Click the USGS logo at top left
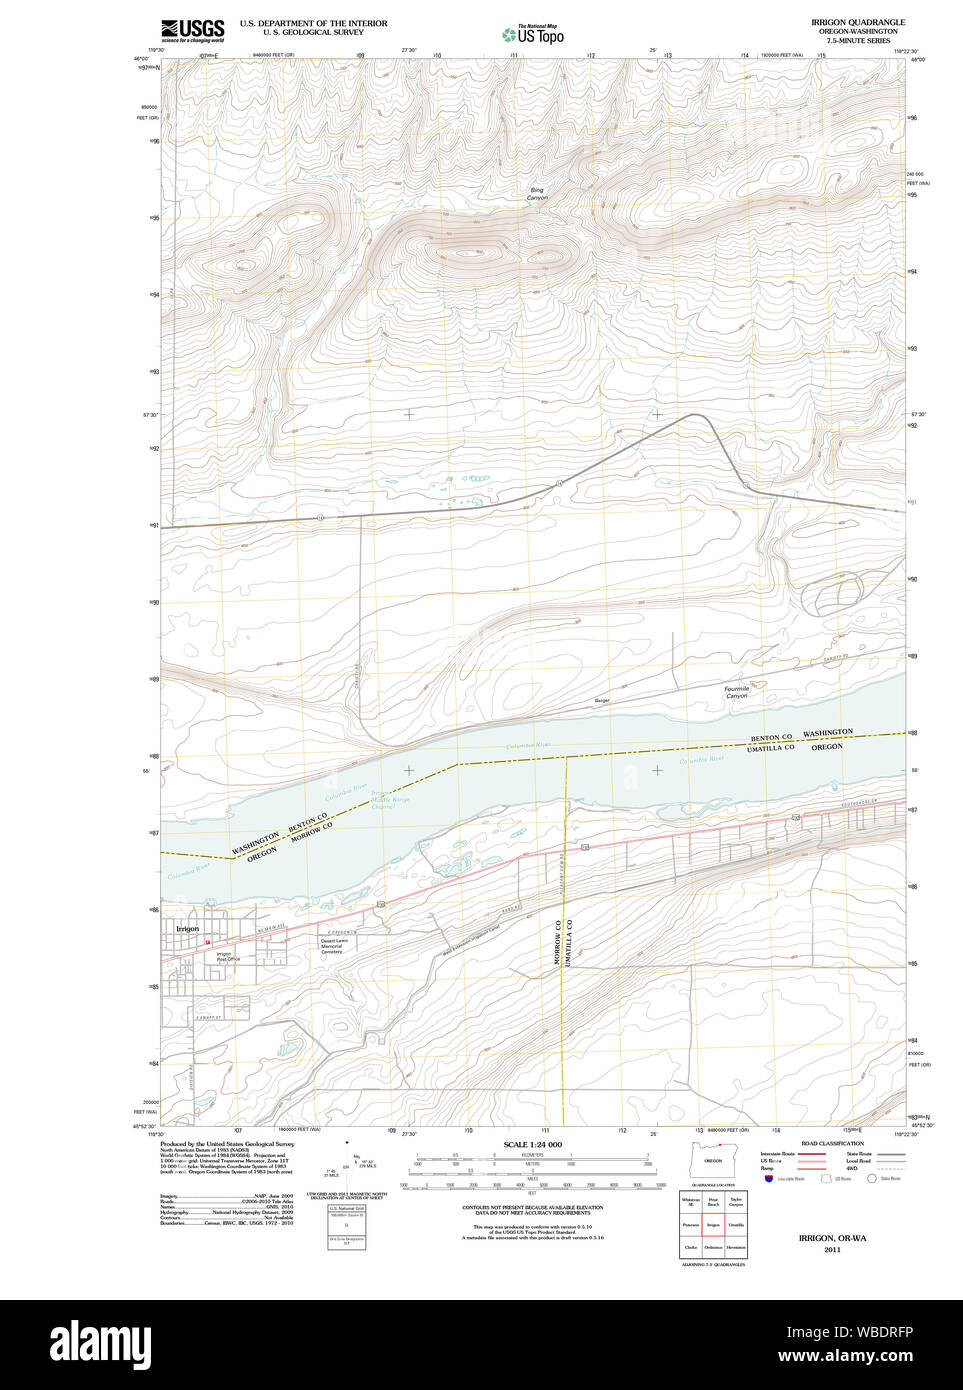[x=193, y=30]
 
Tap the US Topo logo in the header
[x=534, y=35]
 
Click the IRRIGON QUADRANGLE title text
[x=858, y=22]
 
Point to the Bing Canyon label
[x=537, y=194]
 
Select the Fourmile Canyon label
[x=737, y=692]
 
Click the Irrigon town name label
[x=187, y=929]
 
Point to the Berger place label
[x=602, y=701]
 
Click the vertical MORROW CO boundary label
[x=557, y=941]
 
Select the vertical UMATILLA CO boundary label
[x=570, y=941]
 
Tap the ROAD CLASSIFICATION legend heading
[x=832, y=1143]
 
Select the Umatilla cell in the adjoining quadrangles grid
[x=736, y=1224]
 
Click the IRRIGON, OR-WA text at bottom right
[x=832, y=1238]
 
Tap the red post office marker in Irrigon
[x=208, y=942]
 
